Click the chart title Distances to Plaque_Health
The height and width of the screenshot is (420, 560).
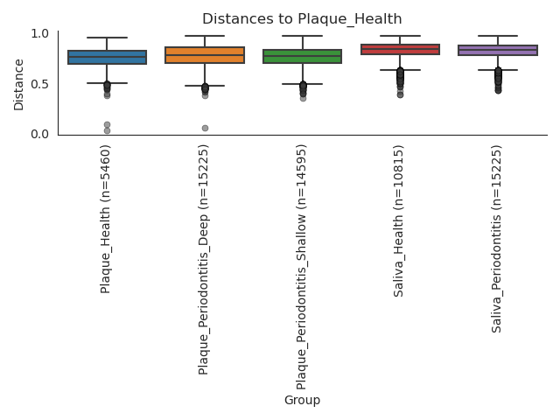(302, 18)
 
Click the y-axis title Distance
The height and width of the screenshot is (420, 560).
(19, 84)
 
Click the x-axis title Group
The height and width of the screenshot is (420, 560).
(302, 400)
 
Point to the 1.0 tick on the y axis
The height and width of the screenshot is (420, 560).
(40, 33)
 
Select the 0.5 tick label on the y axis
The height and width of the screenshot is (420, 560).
(40, 84)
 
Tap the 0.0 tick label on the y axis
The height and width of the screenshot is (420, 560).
(40, 134)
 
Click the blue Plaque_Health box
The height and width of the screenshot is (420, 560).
(107, 58)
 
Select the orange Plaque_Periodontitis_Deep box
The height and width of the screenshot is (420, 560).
(205, 55)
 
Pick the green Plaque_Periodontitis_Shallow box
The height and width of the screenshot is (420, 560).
(303, 57)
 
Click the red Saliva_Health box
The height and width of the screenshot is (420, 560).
(400, 50)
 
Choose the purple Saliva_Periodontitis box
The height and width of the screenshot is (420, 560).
(498, 51)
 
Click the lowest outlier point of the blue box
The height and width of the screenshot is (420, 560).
(107, 131)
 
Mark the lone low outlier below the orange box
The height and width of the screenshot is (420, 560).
(205, 128)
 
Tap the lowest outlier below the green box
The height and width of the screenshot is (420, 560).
(303, 98)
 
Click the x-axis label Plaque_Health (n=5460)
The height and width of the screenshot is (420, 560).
(106, 219)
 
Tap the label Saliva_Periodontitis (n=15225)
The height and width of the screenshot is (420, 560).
(497, 239)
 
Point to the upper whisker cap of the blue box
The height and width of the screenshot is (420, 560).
(107, 38)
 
